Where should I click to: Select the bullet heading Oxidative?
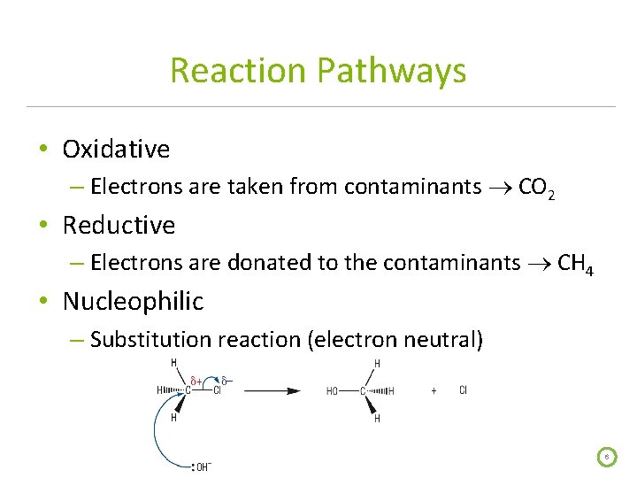(116, 149)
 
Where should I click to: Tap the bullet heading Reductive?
(119, 225)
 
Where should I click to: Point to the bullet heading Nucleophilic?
(133, 301)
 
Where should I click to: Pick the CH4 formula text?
(576, 263)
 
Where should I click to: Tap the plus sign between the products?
(434, 390)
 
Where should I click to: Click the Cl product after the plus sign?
(464, 390)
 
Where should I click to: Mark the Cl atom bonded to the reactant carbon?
(217, 390)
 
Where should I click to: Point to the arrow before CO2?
(500, 188)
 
